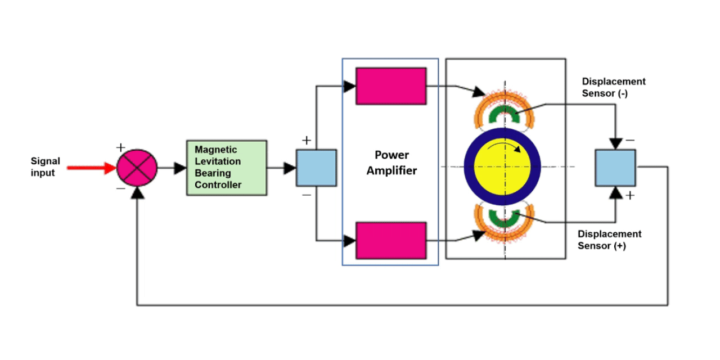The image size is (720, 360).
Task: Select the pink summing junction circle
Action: tap(137, 168)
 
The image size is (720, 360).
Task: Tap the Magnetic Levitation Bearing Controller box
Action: tap(226, 168)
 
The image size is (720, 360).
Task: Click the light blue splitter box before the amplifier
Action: tap(316, 168)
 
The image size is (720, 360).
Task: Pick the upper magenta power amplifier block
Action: tap(391, 86)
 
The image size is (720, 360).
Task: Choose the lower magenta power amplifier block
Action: tap(391, 240)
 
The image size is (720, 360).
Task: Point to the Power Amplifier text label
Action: tap(391, 163)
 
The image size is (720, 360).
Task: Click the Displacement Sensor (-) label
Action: tap(613, 87)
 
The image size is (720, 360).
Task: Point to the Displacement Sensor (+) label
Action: tap(609, 240)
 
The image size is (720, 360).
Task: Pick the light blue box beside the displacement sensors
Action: tap(615, 168)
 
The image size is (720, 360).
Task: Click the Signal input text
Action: tap(45, 167)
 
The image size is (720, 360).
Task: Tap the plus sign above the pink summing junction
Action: tap(120, 147)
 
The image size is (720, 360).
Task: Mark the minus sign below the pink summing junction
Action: tap(120, 189)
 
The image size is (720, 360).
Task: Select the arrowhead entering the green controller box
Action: tap(180, 168)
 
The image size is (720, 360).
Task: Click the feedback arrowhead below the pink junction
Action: tap(137, 193)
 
